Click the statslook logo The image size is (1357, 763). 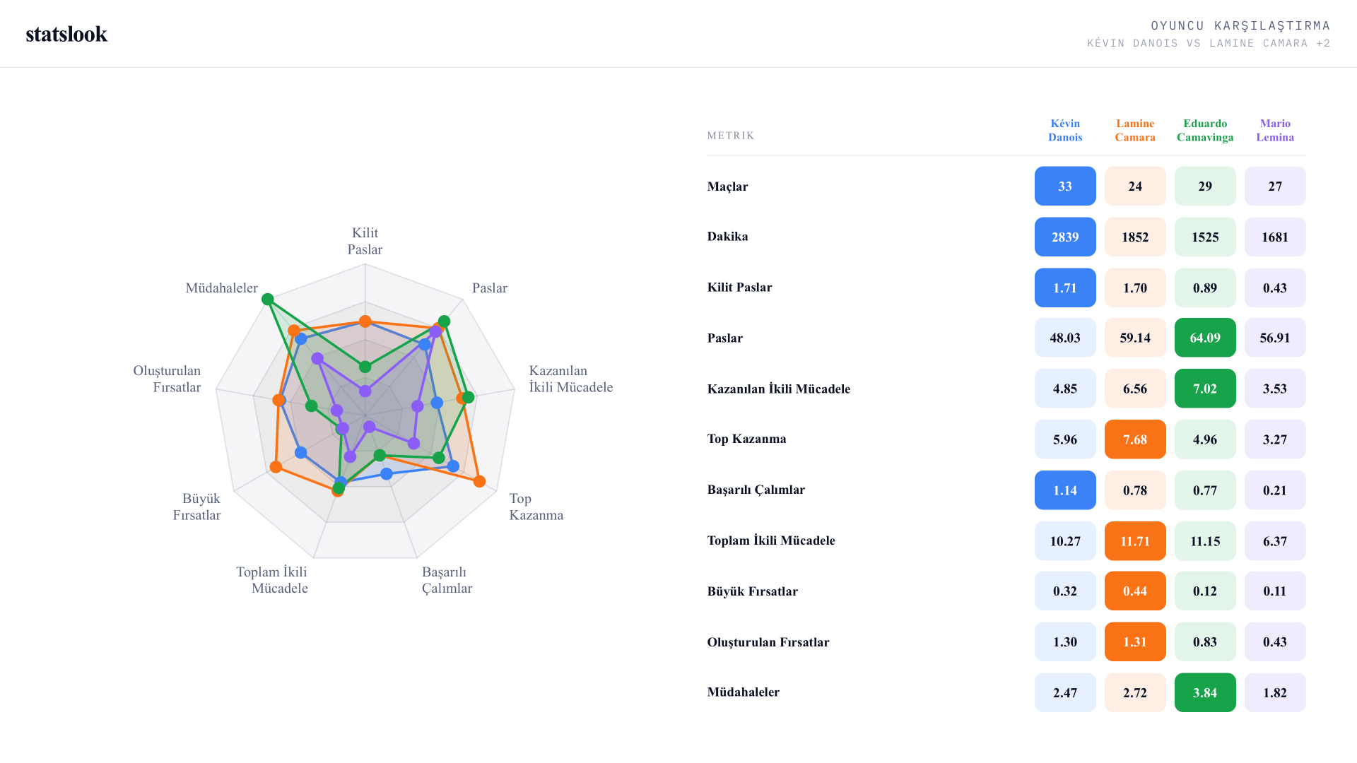pyautogui.click(x=66, y=34)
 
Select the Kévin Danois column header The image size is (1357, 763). pyautogui.click(x=1065, y=131)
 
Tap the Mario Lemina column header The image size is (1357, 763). pyautogui.click(x=1275, y=131)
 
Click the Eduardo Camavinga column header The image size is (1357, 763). pyautogui.click(x=1205, y=131)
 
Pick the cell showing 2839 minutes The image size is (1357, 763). pyautogui.click(x=1065, y=237)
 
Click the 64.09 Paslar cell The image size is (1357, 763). pyautogui.click(x=1205, y=338)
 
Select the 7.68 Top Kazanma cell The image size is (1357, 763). pyautogui.click(x=1135, y=439)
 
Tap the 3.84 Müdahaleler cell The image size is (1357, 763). pyautogui.click(x=1205, y=692)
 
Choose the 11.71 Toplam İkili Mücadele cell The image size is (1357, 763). pyautogui.click(x=1135, y=541)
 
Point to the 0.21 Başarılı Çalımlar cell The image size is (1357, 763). pyautogui.click(x=1275, y=490)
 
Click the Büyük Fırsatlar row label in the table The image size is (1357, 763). pyautogui.click(x=753, y=591)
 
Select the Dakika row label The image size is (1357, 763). pyautogui.click(x=727, y=237)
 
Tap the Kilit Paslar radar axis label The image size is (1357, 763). pyautogui.click(x=365, y=241)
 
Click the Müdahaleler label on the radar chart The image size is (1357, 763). pyautogui.click(x=221, y=288)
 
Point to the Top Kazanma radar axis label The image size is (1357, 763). pyautogui.click(x=536, y=507)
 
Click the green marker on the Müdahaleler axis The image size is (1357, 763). pyautogui.click(x=268, y=300)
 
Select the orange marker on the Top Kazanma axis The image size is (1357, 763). pyautogui.click(x=479, y=481)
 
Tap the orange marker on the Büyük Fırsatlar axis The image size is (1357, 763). pyautogui.click(x=276, y=467)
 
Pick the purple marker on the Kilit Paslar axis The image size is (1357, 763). pyautogui.click(x=365, y=391)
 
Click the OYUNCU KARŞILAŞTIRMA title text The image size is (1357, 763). pyautogui.click(x=1240, y=26)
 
